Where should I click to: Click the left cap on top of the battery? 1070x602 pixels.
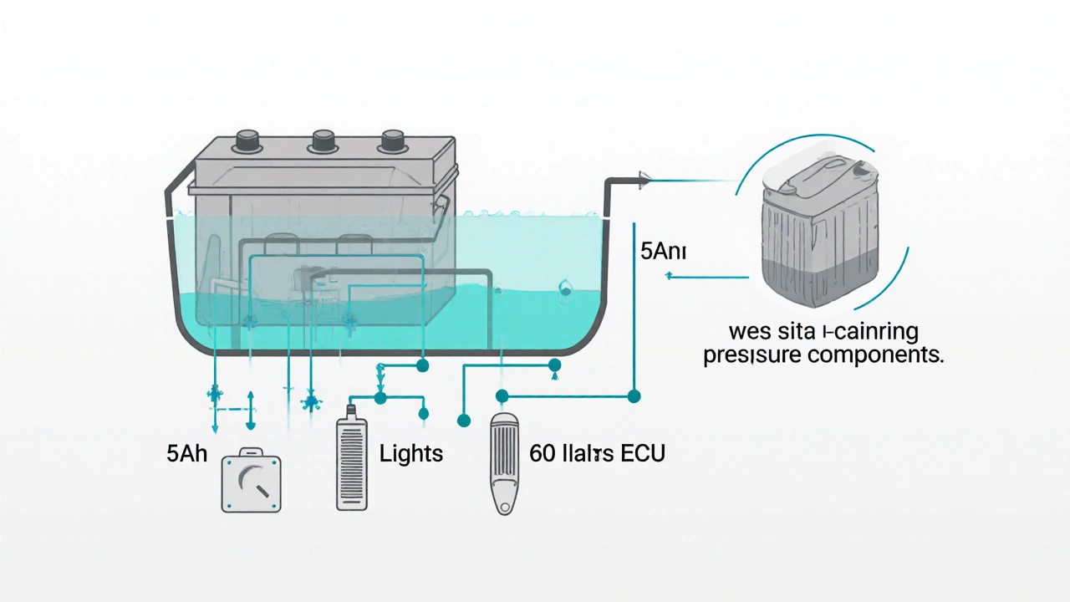click(x=247, y=140)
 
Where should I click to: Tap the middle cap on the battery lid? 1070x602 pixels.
click(x=323, y=140)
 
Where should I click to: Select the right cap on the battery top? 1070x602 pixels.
click(x=392, y=140)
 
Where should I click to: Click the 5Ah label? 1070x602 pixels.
click(x=187, y=455)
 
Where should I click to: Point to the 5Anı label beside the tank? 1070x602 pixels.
click(x=662, y=251)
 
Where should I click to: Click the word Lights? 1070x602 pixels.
click(x=410, y=454)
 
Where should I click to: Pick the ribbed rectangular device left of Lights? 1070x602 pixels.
click(x=351, y=465)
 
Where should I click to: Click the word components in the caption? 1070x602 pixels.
click(x=884, y=355)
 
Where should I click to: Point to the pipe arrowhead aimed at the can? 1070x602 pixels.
click(x=644, y=177)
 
